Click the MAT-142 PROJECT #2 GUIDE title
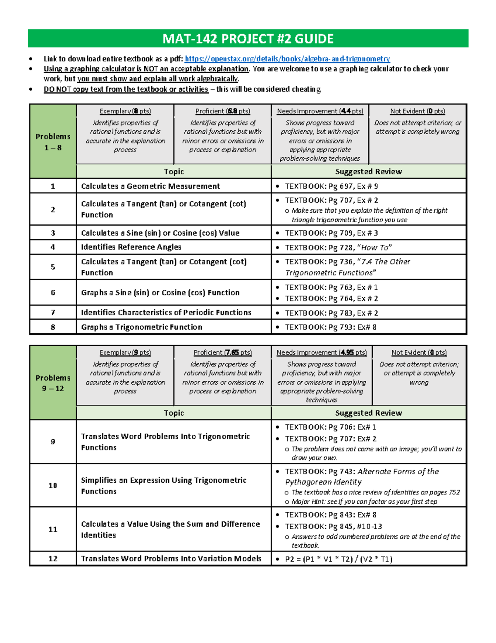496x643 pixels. [x=248, y=39]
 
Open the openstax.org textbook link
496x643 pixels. [x=287, y=59]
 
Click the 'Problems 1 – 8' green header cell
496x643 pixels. [x=53, y=142]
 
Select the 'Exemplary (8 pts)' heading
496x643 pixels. [x=125, y=111]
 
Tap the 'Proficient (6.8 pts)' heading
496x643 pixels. [x=223, y=111]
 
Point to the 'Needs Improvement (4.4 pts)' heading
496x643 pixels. [x=320, y=111]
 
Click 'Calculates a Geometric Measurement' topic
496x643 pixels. [x=150, y=186]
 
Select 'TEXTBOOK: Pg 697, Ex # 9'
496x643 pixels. [x=331, y=186]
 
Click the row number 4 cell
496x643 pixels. [x=53, y=247]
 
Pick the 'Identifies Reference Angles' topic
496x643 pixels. [x=131, y=247]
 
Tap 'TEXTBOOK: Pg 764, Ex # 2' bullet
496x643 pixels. [x=331, y=299]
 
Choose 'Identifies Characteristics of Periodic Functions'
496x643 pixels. [x=166, y=313]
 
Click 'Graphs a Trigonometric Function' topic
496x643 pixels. [x=142, y=327]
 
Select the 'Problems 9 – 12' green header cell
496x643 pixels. [x=53, y=383]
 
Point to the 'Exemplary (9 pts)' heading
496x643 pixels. [x=125, y=352]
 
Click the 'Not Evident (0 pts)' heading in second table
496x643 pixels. [x=419, y=352]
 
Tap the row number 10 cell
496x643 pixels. [x=53, y=485]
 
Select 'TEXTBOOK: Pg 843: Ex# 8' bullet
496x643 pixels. [x=331, y=515]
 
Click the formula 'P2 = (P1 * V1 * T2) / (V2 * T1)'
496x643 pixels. [x=339, y=559]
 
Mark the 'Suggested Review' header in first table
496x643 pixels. [x=369, y=171]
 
